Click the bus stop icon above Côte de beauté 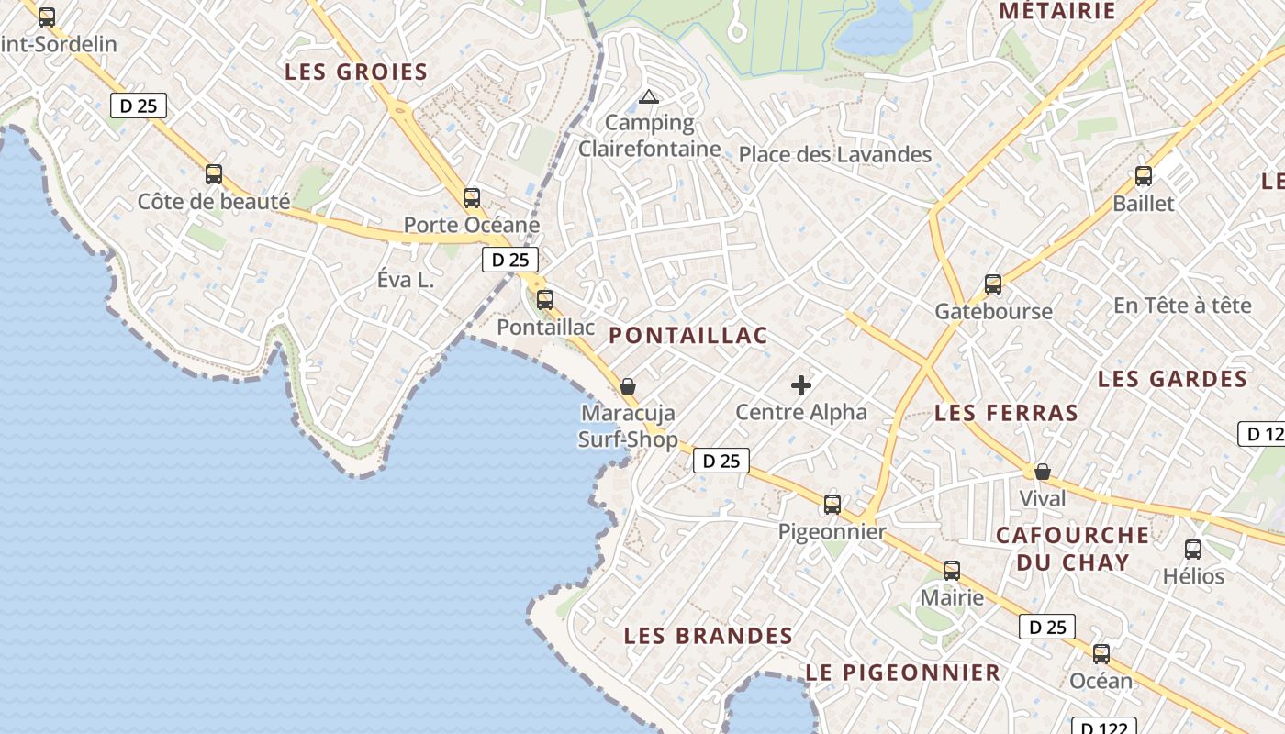[214, 173]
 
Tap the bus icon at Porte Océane [472, 197]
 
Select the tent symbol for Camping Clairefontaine [649, 96]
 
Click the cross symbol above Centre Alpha [801, 385]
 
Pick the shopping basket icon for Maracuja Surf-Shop [628, 386]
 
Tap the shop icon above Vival [1043, 473]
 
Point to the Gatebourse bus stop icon [993, 284]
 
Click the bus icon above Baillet [1144, 176]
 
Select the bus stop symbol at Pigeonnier [832, 504]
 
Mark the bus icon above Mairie [952, 571]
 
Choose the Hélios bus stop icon [1193, 550]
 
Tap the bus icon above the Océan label [1101, 654]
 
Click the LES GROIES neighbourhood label [356, 72]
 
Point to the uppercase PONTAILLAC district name [688, 336]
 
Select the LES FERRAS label [1006, 414]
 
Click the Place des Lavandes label [835, 155]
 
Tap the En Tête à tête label [1182, 306]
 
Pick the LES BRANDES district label [709, 636]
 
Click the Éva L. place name [406, 281]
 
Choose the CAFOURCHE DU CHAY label [1072, 549]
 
